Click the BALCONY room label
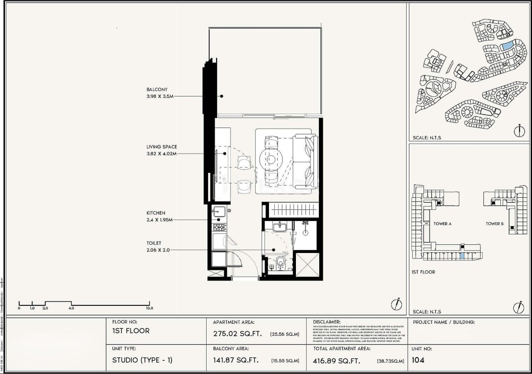click(157, 89)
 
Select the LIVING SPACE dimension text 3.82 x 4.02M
click(161, 153)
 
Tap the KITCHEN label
click(155, 213)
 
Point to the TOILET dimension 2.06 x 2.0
click(158, 250)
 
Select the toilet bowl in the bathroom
click(281, 263)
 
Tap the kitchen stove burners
click(219, 227)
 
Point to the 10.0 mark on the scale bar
click(149, 308)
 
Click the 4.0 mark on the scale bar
click(71, 308)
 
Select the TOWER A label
click(442, 224)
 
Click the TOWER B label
click(495, 224)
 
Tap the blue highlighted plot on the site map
click(507, 46)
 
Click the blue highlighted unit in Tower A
click(462, 256)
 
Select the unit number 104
click(418, 360)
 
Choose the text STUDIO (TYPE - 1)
click(142, 360)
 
